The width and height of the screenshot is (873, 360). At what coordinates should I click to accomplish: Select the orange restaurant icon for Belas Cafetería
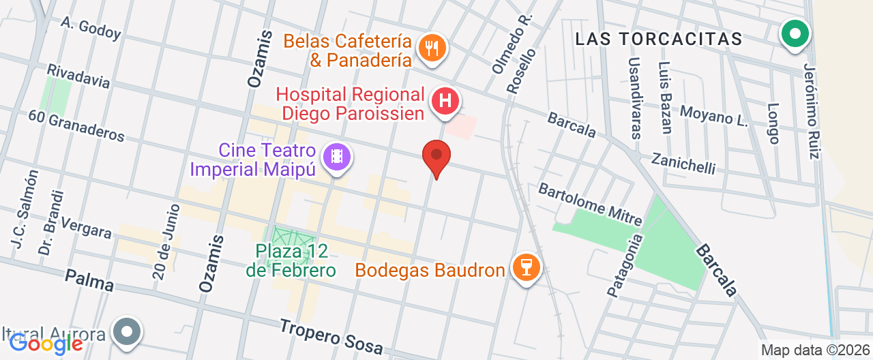(x=431, y=48)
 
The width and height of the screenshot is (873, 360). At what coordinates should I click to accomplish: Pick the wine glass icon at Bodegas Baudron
(x=526, y=267)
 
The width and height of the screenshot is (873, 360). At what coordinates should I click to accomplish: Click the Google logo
(x=46, y=343)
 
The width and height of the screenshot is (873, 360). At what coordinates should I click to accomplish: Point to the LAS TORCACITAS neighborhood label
(x=658, y=39)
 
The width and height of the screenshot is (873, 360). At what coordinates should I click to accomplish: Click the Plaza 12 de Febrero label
(x=292, y=260)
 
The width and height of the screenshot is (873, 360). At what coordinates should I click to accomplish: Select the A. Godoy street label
(x=91, y=27)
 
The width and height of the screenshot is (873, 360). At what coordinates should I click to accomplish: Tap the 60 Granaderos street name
(x=76, y=125)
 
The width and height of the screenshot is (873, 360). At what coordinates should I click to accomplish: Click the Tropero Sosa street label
(x=331, y=335)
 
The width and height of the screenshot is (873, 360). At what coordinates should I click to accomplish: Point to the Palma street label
(x=89, y=280)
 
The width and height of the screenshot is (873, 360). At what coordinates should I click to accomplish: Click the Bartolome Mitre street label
(x=590, y=203)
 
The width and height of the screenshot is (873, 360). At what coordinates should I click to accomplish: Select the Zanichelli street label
(x=683, y=162)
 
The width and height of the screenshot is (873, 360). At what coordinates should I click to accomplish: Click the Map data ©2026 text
(x=816, y=350)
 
